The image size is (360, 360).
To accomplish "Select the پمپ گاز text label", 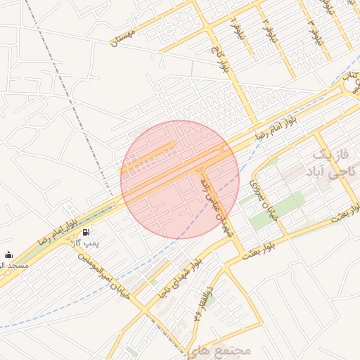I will click(x=86, y=243).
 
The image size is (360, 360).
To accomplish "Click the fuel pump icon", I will click(x=86, y=232).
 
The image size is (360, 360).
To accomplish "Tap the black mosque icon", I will click(x=8, y=255).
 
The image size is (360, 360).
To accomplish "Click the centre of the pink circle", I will click(x=180, y=179).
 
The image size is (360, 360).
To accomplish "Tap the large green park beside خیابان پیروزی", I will click(x=278, y=209).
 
